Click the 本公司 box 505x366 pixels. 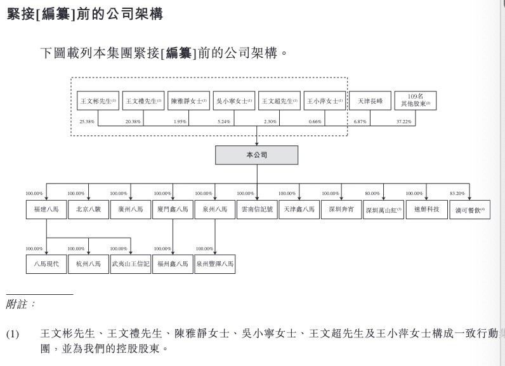click(256, 155)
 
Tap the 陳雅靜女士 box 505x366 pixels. click(188, 100)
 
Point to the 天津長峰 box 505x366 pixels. click(369, 100)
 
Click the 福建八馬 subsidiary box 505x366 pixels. click(46, 209)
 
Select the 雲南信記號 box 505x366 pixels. click(256, 209)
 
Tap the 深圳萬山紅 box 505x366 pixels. click(383, 209)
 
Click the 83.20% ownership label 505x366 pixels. click(456, 193)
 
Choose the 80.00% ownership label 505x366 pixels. click(372, 193)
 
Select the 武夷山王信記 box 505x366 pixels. click(131, 264)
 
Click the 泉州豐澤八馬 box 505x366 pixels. click(214, 264)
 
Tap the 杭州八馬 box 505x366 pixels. click(88, 264)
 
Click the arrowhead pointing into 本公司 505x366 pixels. click(256, 144)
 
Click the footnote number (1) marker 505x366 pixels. click(13, 334)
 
